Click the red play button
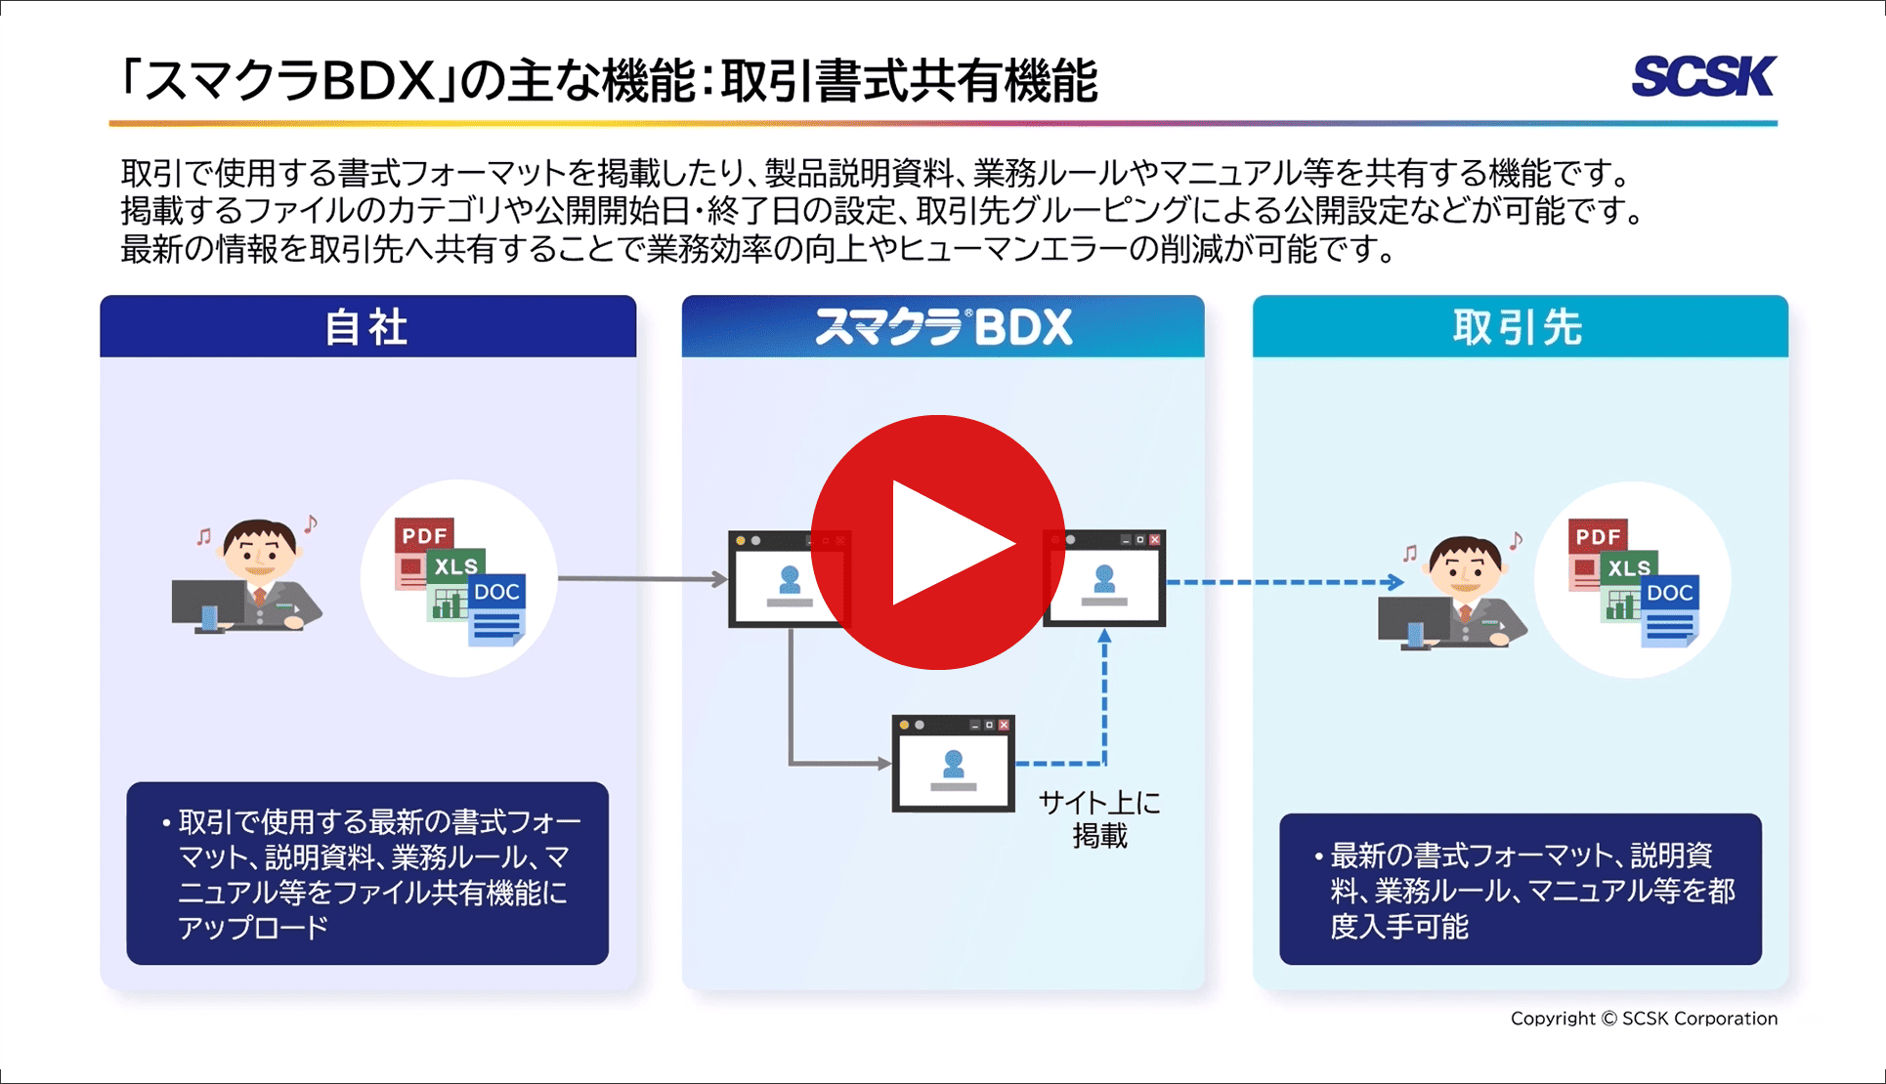pos(937,542)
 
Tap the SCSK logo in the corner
pos(1703,76)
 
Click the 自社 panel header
pos(367,327)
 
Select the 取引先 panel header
pos(1520,327)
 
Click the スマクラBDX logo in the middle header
pos(943,327)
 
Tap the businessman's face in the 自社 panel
pos(259,552)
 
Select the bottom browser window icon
pos(953,764)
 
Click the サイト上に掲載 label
pos(1099,819)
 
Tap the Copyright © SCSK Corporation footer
pos(1644,1019)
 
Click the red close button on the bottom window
pos(1004,725)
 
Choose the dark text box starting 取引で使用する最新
pos(367,873)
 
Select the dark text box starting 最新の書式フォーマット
pos(1520,890)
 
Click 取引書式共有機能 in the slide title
pos(909,81)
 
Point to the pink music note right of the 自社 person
pos(311,524)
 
